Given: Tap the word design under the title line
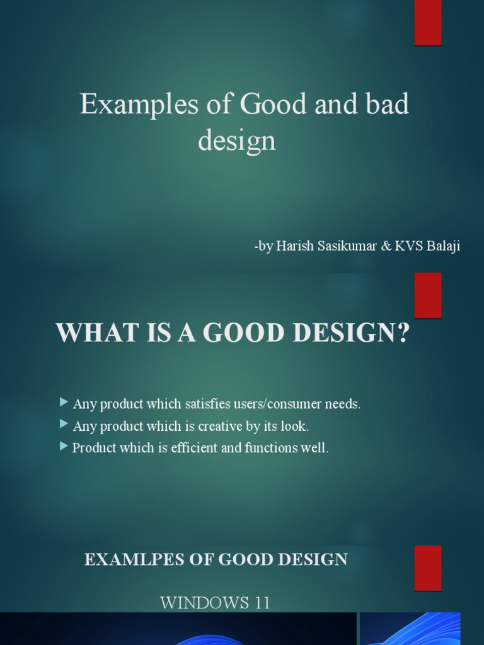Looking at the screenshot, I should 237,141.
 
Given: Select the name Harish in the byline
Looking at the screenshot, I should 296,246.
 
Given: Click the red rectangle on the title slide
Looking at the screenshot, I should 427,23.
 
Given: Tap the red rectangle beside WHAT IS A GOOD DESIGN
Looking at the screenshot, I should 427,295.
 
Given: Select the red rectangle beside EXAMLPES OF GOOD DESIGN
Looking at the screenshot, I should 427,568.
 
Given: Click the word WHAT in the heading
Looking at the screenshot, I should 86,333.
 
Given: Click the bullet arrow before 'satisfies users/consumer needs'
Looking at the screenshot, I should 64,402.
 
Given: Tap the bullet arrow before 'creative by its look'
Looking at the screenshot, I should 64,424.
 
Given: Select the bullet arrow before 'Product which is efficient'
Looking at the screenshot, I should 64,446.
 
